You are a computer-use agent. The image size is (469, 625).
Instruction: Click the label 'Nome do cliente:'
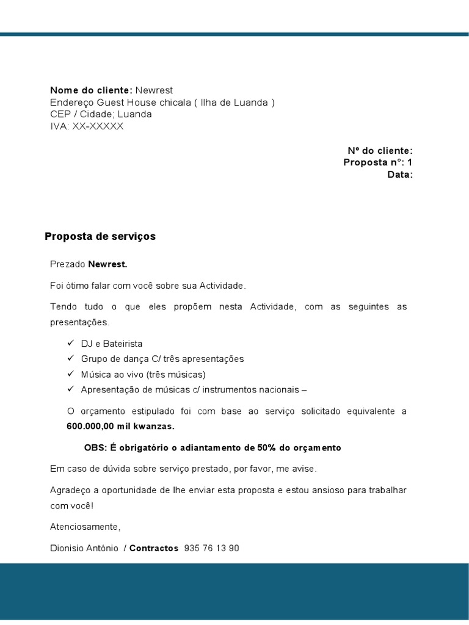point(91,90)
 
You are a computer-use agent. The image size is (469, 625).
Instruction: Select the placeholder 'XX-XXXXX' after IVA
point(98,126)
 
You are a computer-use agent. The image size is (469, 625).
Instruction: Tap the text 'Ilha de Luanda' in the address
point(235,103)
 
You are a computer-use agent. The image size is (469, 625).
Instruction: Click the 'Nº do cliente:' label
point(380,151)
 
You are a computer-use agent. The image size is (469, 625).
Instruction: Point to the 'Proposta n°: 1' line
point(377,162)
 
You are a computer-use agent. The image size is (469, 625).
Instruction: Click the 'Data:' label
point(400,175)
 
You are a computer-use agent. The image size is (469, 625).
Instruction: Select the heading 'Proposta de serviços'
point(100,236)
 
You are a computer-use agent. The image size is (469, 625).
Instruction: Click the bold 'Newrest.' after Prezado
point(108,264)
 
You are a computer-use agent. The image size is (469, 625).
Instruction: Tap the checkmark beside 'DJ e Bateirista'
point(70,343)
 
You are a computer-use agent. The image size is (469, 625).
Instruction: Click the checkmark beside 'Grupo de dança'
point(70,358)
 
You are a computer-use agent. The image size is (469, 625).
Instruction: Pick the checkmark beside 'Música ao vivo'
point(70,374)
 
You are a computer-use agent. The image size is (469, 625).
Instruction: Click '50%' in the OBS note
point(267,448)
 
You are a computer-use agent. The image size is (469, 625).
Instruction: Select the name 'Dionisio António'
point(84,548)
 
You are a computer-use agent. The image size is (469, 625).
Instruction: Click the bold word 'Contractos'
point(154,548)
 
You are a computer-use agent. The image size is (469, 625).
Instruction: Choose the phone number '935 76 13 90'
point(211,548)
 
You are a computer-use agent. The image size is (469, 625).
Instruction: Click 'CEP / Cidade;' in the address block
point(82,114)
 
